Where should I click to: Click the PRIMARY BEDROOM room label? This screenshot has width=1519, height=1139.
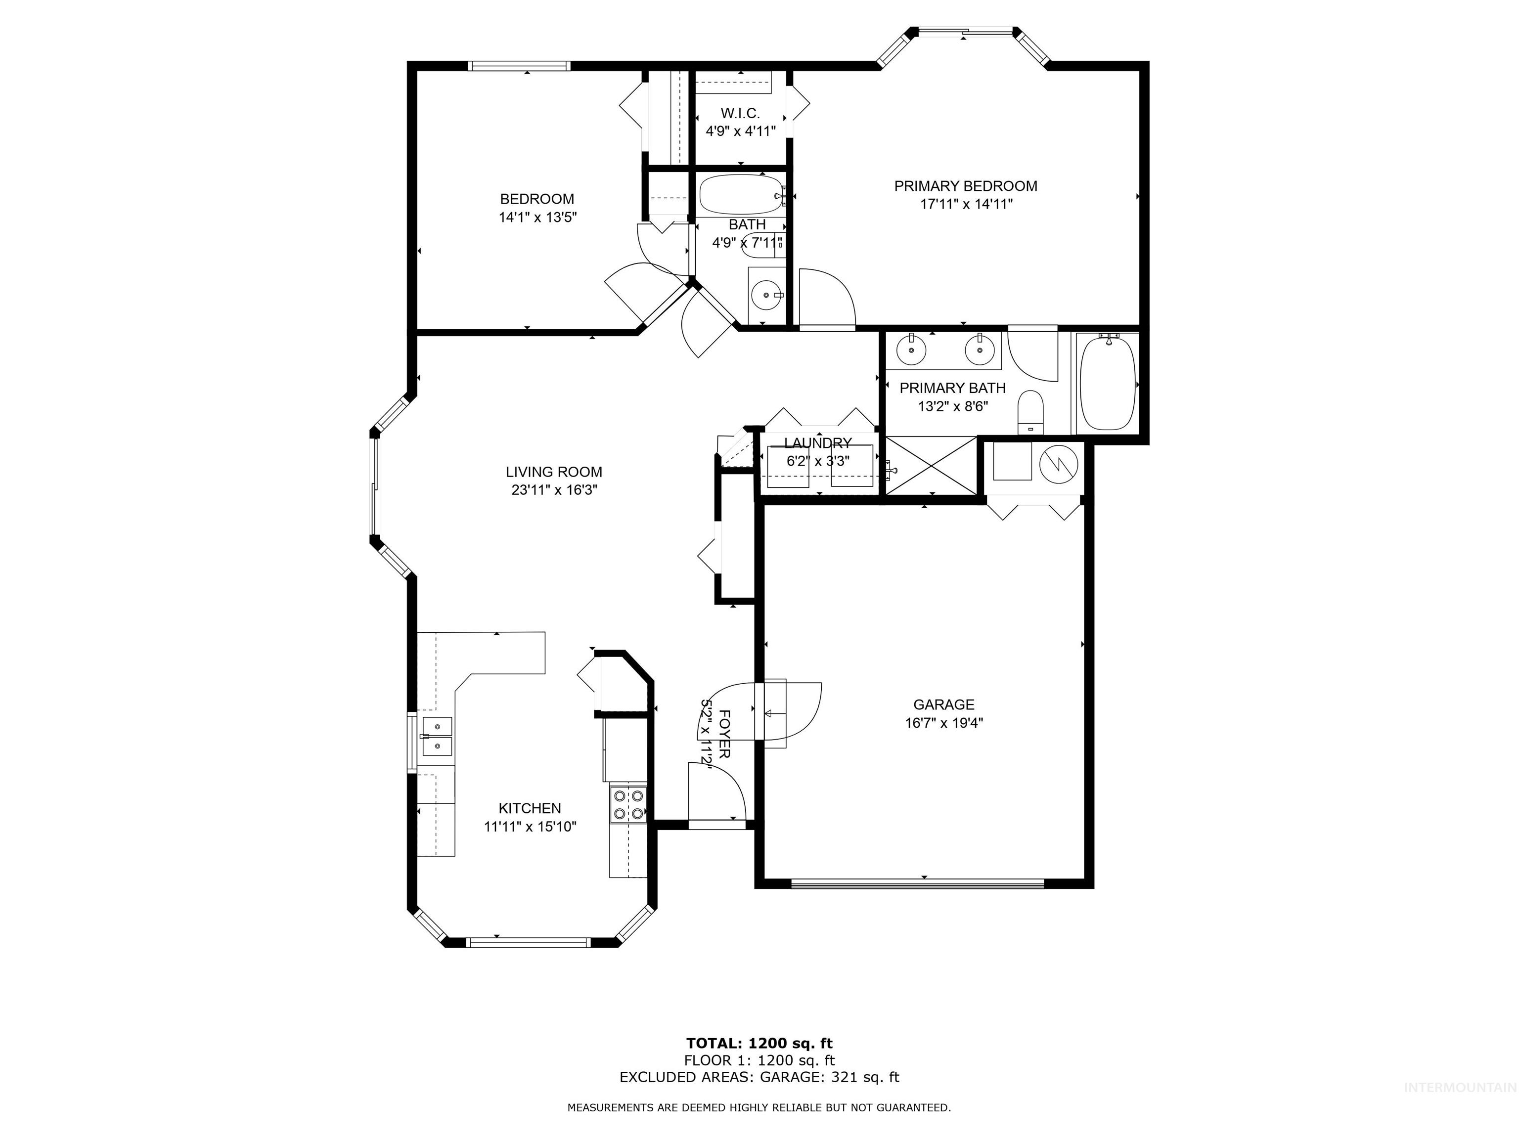tap(966, 186)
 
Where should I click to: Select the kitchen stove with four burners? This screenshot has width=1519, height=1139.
tap(628, 805)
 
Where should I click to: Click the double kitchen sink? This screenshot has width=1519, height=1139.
tap(437, 735)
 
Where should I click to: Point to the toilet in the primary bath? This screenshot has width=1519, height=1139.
tap(1030, 411)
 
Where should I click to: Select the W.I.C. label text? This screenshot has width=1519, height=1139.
tap(740, 113)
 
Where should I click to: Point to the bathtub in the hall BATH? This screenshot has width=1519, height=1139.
tap(740, 195)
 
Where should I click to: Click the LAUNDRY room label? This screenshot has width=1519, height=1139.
tap(818, 443)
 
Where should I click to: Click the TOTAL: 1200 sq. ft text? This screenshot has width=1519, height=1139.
tap(759, 1044)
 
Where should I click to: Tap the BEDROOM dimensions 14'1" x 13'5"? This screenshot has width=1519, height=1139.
tap(537, 218)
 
